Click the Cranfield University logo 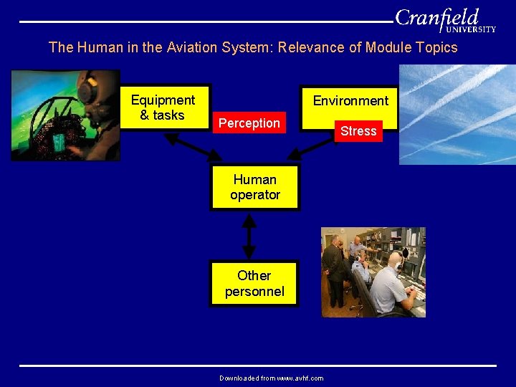[445, 20]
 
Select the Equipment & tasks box [163, 107]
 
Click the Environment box [350, 101]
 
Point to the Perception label [249, 123]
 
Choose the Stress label [358, 131]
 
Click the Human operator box [254, 188]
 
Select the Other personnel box [254, 283]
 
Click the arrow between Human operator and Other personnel [249, 235]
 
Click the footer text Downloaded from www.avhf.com [271, 378]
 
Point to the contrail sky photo [457, 115]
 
